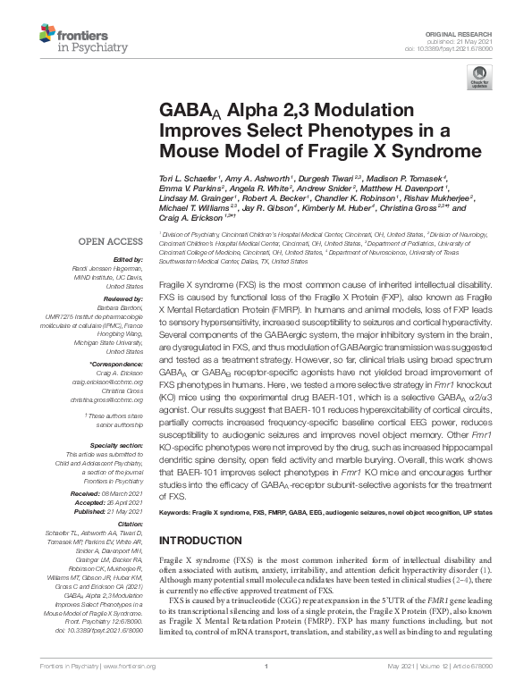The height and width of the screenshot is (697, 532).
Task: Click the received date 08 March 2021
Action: [123, 493]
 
